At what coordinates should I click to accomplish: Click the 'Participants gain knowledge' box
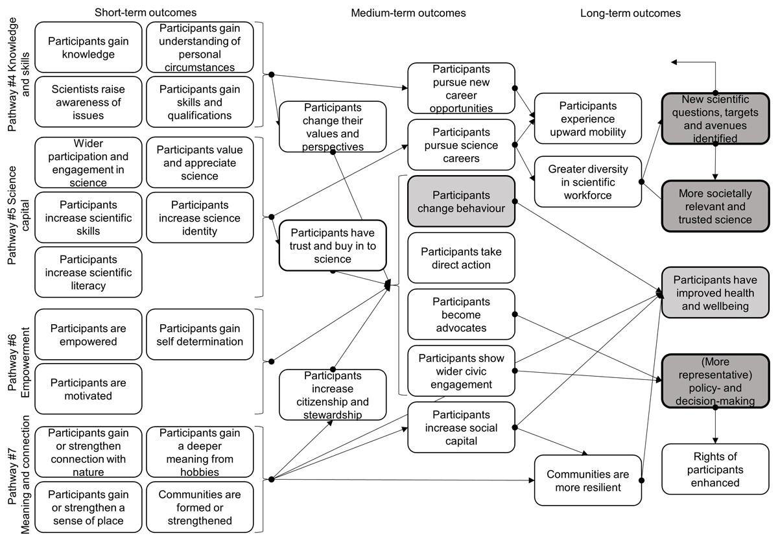pos(88,47)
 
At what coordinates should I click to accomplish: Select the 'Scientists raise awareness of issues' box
pos(88,102)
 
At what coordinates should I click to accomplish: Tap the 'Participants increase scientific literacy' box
pos(88,272)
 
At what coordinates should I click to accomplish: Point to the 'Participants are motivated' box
pos(88,389)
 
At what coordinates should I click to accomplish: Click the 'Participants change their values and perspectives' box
pos(333,126)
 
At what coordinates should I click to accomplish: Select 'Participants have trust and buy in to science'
pos(333,246)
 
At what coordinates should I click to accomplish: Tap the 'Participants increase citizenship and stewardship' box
pos(333,395)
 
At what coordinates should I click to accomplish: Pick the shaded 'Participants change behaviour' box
pos(461,203)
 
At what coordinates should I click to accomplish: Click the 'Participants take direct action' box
pos(461,258)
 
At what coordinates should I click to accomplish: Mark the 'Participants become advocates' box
pos(461,314)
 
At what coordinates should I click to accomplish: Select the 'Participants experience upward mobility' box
pos(588,119)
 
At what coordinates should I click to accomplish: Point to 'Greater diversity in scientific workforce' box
pos(588,181)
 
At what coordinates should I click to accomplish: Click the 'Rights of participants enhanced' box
pos(715,469)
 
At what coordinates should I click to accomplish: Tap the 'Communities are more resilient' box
pos(588,480)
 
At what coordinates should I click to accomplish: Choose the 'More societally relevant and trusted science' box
pos(715,206)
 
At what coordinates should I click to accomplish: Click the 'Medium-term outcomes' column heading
pos(408,13)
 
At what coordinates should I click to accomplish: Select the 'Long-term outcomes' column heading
pos(631,13)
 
